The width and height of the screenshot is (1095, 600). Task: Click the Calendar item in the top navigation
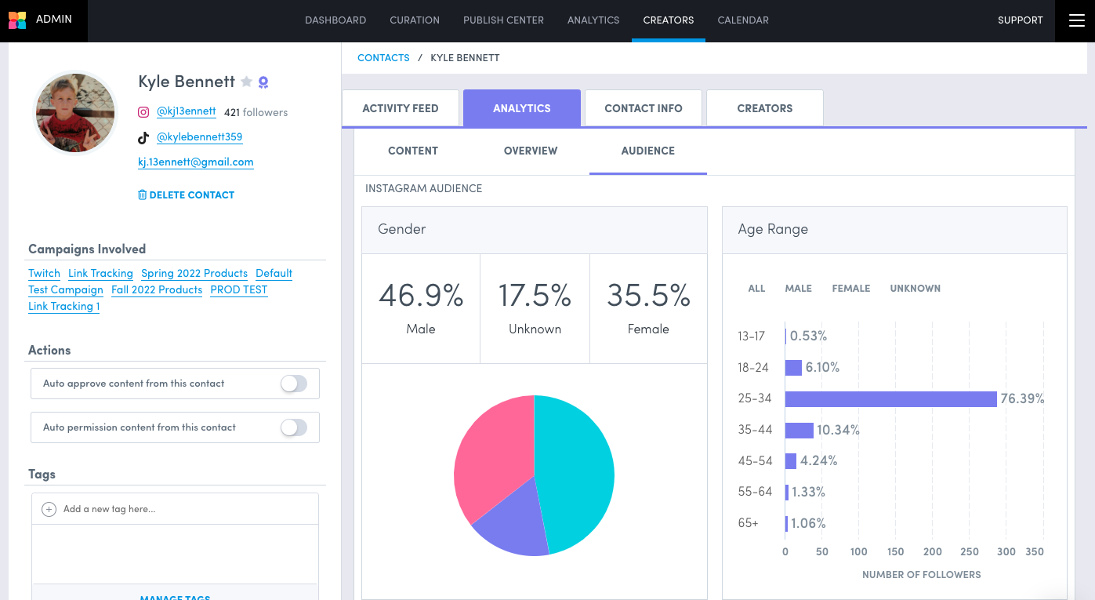point(743,20)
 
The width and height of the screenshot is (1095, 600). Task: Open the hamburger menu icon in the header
point(1075,20)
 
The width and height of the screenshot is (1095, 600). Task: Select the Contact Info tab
point(644,108)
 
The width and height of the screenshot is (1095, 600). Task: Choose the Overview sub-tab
point(531,151)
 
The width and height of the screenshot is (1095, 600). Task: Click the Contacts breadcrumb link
point(383,57)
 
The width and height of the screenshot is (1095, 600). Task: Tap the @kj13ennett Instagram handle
point(186,111)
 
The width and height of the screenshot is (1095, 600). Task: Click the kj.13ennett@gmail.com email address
point(195,162)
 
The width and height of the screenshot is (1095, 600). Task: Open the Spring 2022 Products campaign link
point(194,273)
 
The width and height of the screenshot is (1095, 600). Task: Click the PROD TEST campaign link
point(239,289)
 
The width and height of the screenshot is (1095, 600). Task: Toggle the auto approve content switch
point(294,384)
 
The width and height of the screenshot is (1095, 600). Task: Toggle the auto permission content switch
point(294,427)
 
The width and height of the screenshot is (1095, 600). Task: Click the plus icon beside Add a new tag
point(49,509)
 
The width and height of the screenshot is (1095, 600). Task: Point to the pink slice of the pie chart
point(490,459)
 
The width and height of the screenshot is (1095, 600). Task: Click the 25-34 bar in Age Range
point(890,398)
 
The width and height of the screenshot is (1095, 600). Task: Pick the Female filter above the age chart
point(851,289)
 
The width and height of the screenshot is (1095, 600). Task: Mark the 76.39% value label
point(1022,398)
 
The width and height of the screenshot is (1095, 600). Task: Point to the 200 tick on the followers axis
point(933,551)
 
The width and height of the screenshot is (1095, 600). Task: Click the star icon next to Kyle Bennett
point(246,82)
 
